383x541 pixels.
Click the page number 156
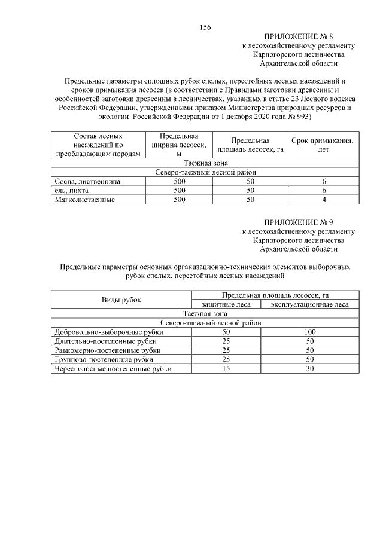point(205,27)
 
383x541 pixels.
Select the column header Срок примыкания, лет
point(323,145)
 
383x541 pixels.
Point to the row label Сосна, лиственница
point(87,181)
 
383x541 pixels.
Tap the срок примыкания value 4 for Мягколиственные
point(323,200)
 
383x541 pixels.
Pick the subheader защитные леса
point(226,304)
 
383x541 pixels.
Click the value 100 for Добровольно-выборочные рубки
point(310,332)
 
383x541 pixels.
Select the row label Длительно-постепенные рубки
point(100,341)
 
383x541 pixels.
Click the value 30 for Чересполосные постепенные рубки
point(310,369)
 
